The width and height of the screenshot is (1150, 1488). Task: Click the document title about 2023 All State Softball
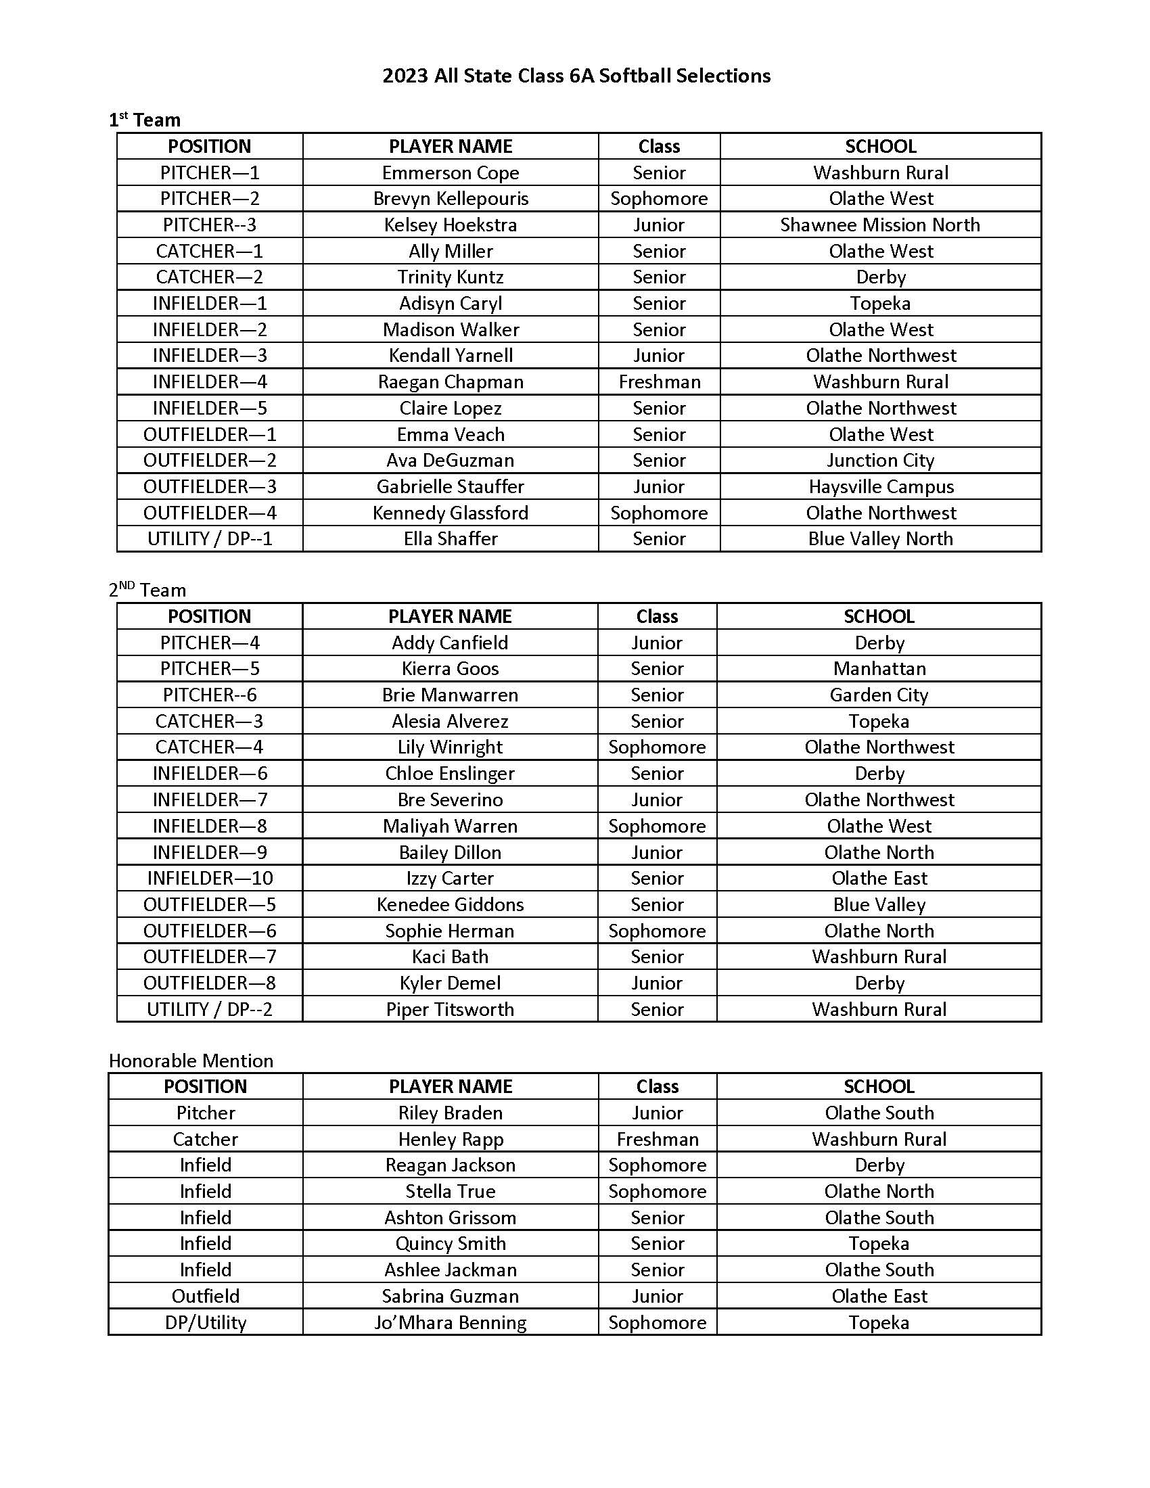pyautogui.click(x=576, y=76)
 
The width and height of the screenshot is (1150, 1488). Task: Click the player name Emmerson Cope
pyautogui.click(x=451, y=173)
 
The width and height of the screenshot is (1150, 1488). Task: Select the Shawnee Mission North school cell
pyautogui.click(x=879, y=225)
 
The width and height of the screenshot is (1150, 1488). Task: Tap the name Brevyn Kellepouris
pyautogui.click(x=451, y=199)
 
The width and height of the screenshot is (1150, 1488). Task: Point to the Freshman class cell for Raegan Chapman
pyautogui.click(x=659, y=382)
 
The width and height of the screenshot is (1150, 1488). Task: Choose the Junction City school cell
pyautogui.click(x=879, y=461)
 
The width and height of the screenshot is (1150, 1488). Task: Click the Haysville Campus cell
pyautogui.click(x=880, y=487)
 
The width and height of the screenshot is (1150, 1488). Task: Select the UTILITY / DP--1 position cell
pyautogui.click(x=210, y=539)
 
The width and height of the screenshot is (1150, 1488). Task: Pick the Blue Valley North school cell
pyautogui.click(x=879, y=539)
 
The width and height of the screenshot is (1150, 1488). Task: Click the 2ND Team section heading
pyautogui.click(x=147, y=590)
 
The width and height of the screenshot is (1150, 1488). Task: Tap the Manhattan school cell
pyautogui.click(x=879, y=669)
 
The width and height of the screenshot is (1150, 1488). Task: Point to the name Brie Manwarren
pyautogui.click(x=450, y=695)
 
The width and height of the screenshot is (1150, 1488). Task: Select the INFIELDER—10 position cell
pyautogui.click(x=210, y=878)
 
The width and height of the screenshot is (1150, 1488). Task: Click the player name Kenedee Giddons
pyautogui.click(x=450, y=905)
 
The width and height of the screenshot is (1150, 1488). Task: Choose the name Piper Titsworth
pyautogui.click(x=450, y=1010)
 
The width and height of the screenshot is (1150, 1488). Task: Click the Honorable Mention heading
pyautogui.click(x=191, y=1061)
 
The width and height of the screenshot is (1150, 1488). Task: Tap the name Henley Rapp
pyautogui.click(x=451, y=1139)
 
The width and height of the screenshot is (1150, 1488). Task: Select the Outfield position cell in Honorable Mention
pyautogui.click(x=205, y=1296)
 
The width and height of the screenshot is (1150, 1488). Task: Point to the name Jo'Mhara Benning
pyautogui.click(x=451, y=1323)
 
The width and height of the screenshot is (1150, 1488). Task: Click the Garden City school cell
pyautogui.click(x=879, y=695)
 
